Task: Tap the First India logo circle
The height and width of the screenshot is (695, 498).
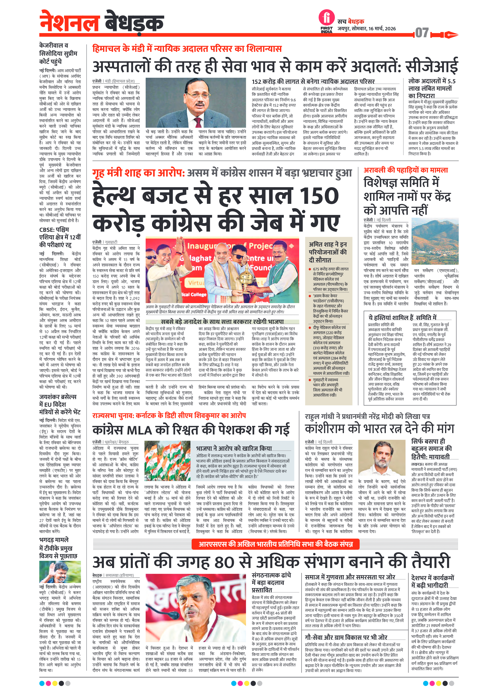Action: pyautogui.click(x=326, y=17)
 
